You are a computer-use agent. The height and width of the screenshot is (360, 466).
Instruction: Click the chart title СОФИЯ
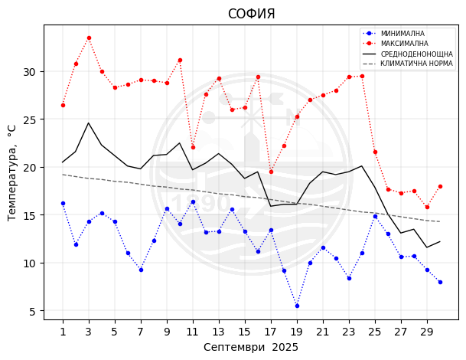click(x=251, y=14)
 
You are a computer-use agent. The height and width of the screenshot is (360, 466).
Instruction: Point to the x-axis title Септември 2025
click(x=251, y=347)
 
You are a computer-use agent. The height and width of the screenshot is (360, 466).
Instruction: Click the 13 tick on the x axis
click(x=219, y=332)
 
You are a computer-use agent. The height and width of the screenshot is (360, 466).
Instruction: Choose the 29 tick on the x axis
click(x=427, y=332)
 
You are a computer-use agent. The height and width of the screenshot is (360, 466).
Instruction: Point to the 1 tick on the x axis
click(x=63, y=332)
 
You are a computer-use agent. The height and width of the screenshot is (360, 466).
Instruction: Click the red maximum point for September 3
click(x=89, y=38)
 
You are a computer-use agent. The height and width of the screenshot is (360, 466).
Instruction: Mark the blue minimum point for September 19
click(x=297, y=306)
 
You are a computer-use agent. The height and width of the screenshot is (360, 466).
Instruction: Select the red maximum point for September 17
click(x=271, y=172)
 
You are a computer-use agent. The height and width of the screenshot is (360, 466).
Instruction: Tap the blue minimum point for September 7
click(x=141, y=270)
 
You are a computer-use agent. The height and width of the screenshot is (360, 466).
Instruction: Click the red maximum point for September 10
click(x=180, y=60)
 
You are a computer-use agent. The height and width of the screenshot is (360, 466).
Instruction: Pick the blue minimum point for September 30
click(x=440, y=282)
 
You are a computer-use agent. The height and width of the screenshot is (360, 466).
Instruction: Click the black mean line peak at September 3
click(x=89, y=123)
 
